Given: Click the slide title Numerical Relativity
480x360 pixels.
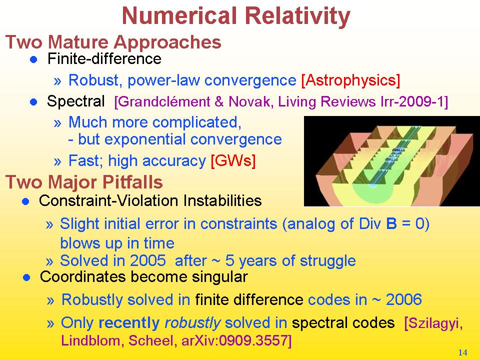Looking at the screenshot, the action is (x=236, y=16).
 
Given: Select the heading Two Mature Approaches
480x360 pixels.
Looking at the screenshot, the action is (x=113, y=42).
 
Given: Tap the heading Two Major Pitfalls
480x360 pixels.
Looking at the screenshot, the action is (x=84, y=182).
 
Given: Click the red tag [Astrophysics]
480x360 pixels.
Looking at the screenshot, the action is (x=351, y=80).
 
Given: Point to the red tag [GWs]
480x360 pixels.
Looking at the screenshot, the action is (x=233, y=160).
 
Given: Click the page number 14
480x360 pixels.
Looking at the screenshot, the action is (x=462, y=352).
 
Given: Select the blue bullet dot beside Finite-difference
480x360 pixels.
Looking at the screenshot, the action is (x=33, y=59).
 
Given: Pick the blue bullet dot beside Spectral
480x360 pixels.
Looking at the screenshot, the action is (x=33, y=101).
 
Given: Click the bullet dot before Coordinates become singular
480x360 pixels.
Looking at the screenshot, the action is (x=26, y=277).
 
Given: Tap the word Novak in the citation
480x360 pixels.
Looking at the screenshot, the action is (x=250, y=101).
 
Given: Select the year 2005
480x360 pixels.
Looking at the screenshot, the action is (x=148, y=261).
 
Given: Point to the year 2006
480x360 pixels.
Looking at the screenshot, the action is (x=404, y=299).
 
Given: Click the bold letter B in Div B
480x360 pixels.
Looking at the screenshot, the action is (x=391, y=223).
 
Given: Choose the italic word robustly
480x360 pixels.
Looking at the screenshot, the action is (x=192, y=322).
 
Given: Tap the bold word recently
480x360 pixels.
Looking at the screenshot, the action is (x=129, y=322).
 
